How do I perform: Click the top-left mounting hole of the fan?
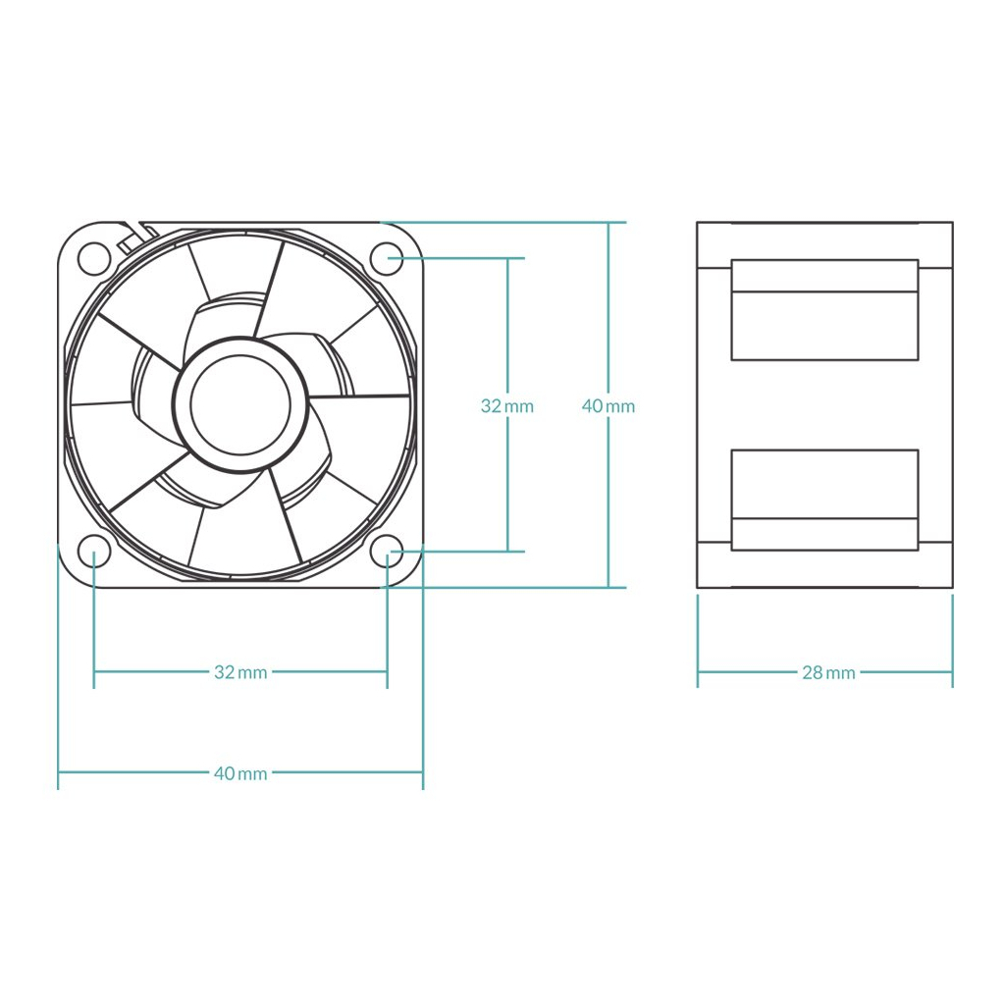[x=94, y=257]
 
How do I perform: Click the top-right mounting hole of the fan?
[x=387, y=257]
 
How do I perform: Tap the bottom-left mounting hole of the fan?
[x=94, y=552]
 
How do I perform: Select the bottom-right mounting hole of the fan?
[x=387, y=552]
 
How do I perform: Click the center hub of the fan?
[x=240, y=404]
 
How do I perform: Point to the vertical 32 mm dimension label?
[x=507, y=405]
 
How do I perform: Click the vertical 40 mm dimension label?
[x=608, y=405]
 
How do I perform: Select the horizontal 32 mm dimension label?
[x=240, y=672]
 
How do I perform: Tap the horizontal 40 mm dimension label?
[x=240, y=773]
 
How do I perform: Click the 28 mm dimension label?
[x=828, y=672]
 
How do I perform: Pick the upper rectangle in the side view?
[x=824, y=310]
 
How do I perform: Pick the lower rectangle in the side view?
[x=824, y=500]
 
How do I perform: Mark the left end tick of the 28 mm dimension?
[x=698, y=672]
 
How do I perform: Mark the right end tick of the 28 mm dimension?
[x=952, y=672]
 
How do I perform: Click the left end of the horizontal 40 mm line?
[x=59, y=773]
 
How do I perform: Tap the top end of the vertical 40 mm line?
[x=608, y=223]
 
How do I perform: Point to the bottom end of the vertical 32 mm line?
[x=507, y=551]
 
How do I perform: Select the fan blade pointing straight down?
[x=240, y=535]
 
